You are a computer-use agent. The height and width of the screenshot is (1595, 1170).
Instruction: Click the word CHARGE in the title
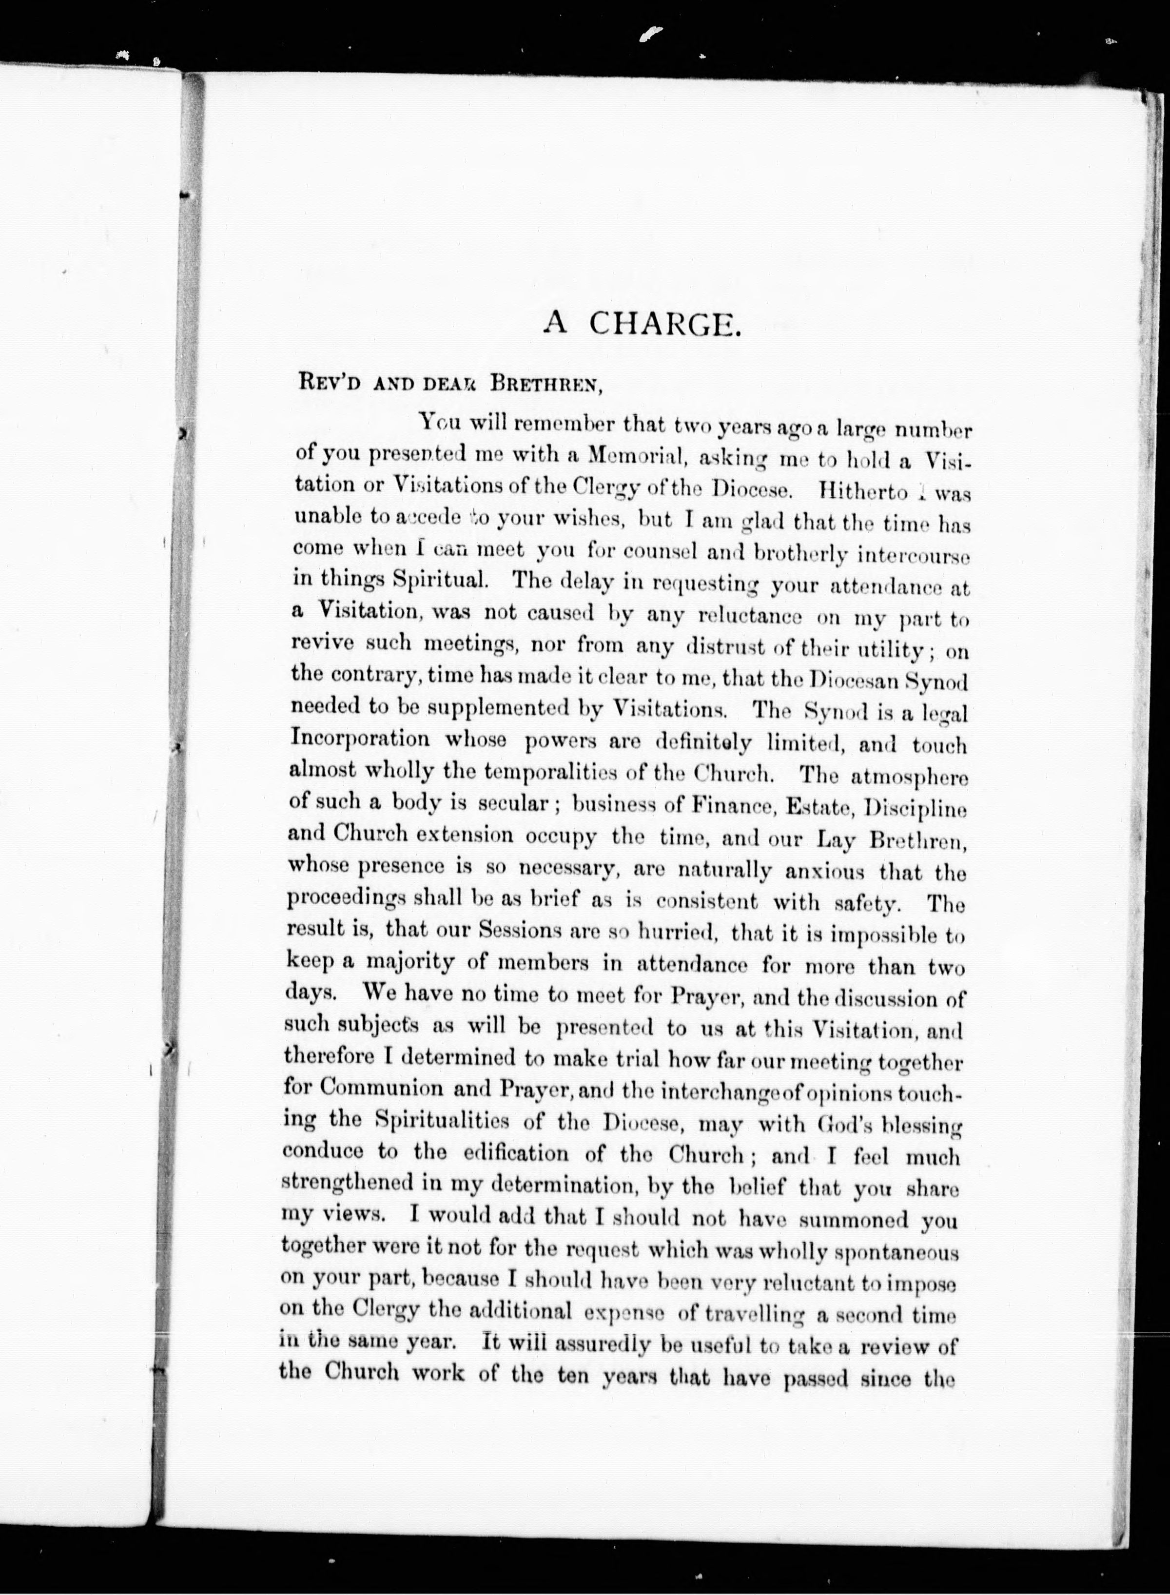(x=665, y=324)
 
